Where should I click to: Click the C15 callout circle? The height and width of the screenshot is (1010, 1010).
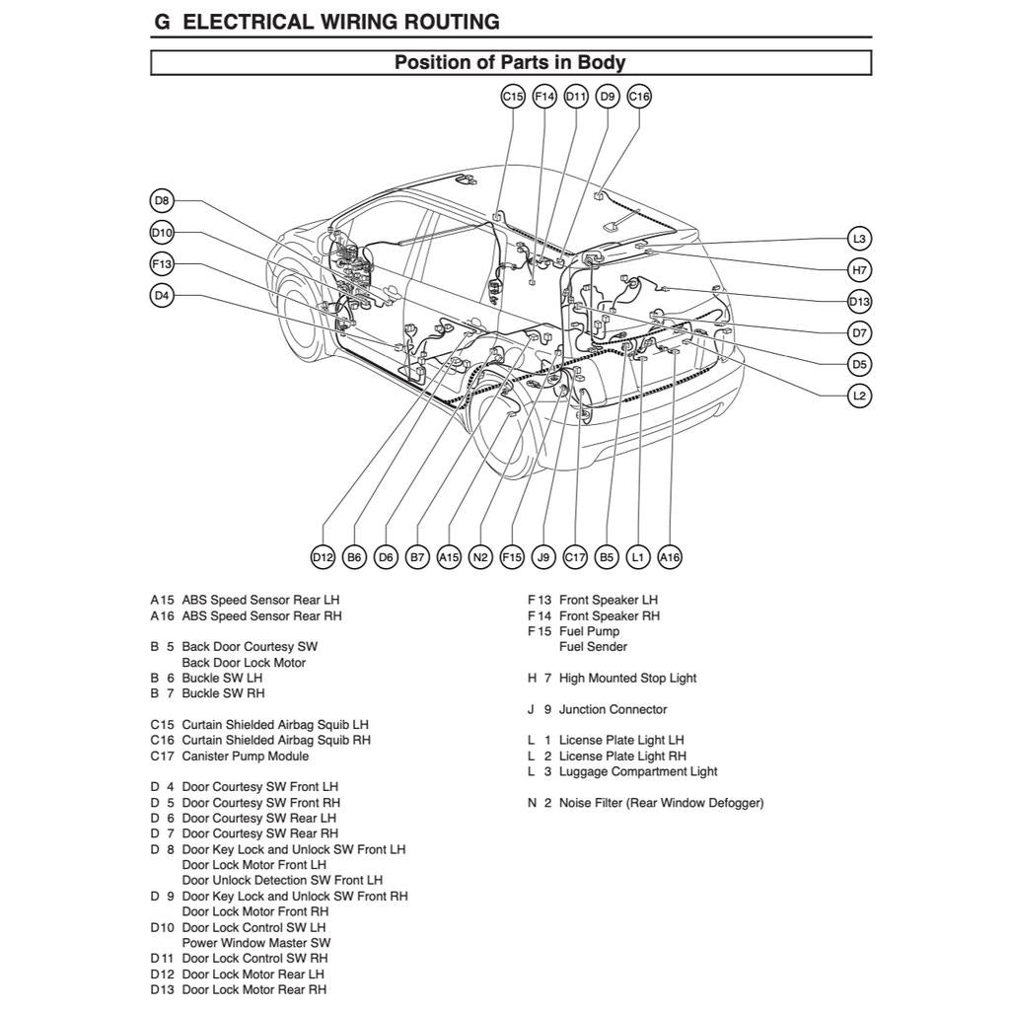[x=512, y=97]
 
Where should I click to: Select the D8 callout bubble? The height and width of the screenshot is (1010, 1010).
[x=162, y=201]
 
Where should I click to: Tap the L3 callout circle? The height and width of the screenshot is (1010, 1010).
[x=859, y=239]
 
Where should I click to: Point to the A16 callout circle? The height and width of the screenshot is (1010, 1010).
[x=670, y=557]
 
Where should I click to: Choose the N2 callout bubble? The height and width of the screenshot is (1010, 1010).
[x=480, y=557]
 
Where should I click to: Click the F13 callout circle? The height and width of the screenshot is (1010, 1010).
[x=162, y=264]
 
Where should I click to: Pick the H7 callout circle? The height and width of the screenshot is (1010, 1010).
[x=859, y=270]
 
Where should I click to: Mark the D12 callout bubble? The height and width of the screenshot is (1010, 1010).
[x=323, y=557]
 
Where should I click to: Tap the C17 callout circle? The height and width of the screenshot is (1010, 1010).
[x=575, y=557]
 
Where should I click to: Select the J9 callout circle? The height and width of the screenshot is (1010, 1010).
[x=543, y=557]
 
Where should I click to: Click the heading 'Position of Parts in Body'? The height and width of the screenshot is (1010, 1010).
[x=510, y=63]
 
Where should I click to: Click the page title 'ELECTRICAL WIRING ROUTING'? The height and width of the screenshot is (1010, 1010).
[x=341, y=22]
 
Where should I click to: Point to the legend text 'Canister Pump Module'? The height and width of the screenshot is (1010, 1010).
[x=245, y=757]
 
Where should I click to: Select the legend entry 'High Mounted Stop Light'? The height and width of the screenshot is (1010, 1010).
[x=627, y=678]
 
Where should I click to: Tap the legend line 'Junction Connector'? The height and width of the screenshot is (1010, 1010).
[x=613, y=709]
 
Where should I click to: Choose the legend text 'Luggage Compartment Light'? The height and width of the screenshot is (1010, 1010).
[x=638, y=771]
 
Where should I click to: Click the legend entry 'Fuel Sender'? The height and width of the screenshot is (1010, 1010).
[x=593, y=647]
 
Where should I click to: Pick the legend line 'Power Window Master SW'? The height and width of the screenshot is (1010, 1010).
[x=255, y=943]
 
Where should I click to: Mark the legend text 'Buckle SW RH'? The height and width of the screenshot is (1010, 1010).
[x=223, y=693]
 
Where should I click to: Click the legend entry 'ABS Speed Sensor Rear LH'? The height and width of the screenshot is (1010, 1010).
[x=260, y=600]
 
